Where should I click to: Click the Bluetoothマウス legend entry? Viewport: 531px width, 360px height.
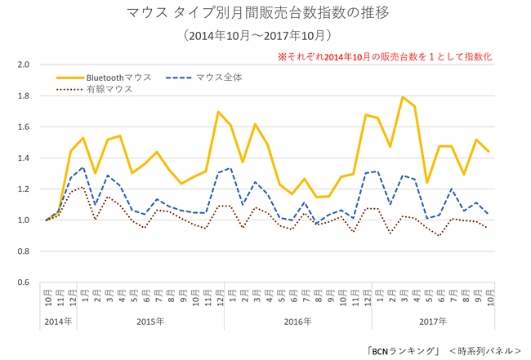click(x=114, y=78)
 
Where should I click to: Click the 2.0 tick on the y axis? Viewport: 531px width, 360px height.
click(x=24, y=64)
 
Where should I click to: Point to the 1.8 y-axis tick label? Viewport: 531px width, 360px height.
click(x=24, y=96)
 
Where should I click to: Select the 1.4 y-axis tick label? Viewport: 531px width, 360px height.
click(x=24, y=158)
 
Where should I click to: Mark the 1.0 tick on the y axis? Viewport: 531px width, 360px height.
click(x=24, y=220)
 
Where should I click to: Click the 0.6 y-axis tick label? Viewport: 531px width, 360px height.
click(x=24, y=283)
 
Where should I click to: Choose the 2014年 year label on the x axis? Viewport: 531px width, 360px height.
click(x=58, y=321)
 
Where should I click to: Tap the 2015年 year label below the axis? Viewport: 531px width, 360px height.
click(x=150, y=321)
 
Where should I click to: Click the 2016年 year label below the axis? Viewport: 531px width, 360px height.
click(x=298, y=321)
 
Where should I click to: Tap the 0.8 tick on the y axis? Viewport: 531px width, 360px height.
click(x=24, y=252)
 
